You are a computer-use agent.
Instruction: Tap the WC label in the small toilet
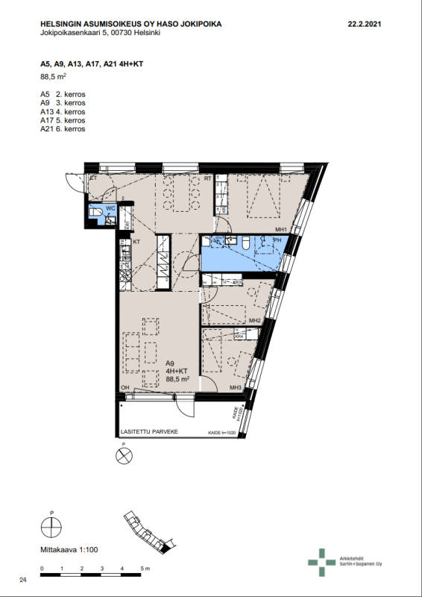[x=110, y=207]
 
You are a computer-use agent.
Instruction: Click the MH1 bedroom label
[x=281, y=229]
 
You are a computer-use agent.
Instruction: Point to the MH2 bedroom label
[x=255, y=321]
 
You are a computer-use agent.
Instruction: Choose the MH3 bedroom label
[x=235, y=388]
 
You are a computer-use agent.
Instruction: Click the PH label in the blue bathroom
[x=276, y=240]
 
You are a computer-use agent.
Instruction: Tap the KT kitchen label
[x=136, y=243]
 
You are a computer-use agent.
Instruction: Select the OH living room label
[x=125, y=387]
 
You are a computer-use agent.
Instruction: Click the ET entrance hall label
[x=94, y=178]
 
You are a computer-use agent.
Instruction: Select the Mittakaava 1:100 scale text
[x=69, y=550]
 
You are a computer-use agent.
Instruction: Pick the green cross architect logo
[x=321, y=562]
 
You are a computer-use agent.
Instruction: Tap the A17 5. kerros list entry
[x=63, y=120]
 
